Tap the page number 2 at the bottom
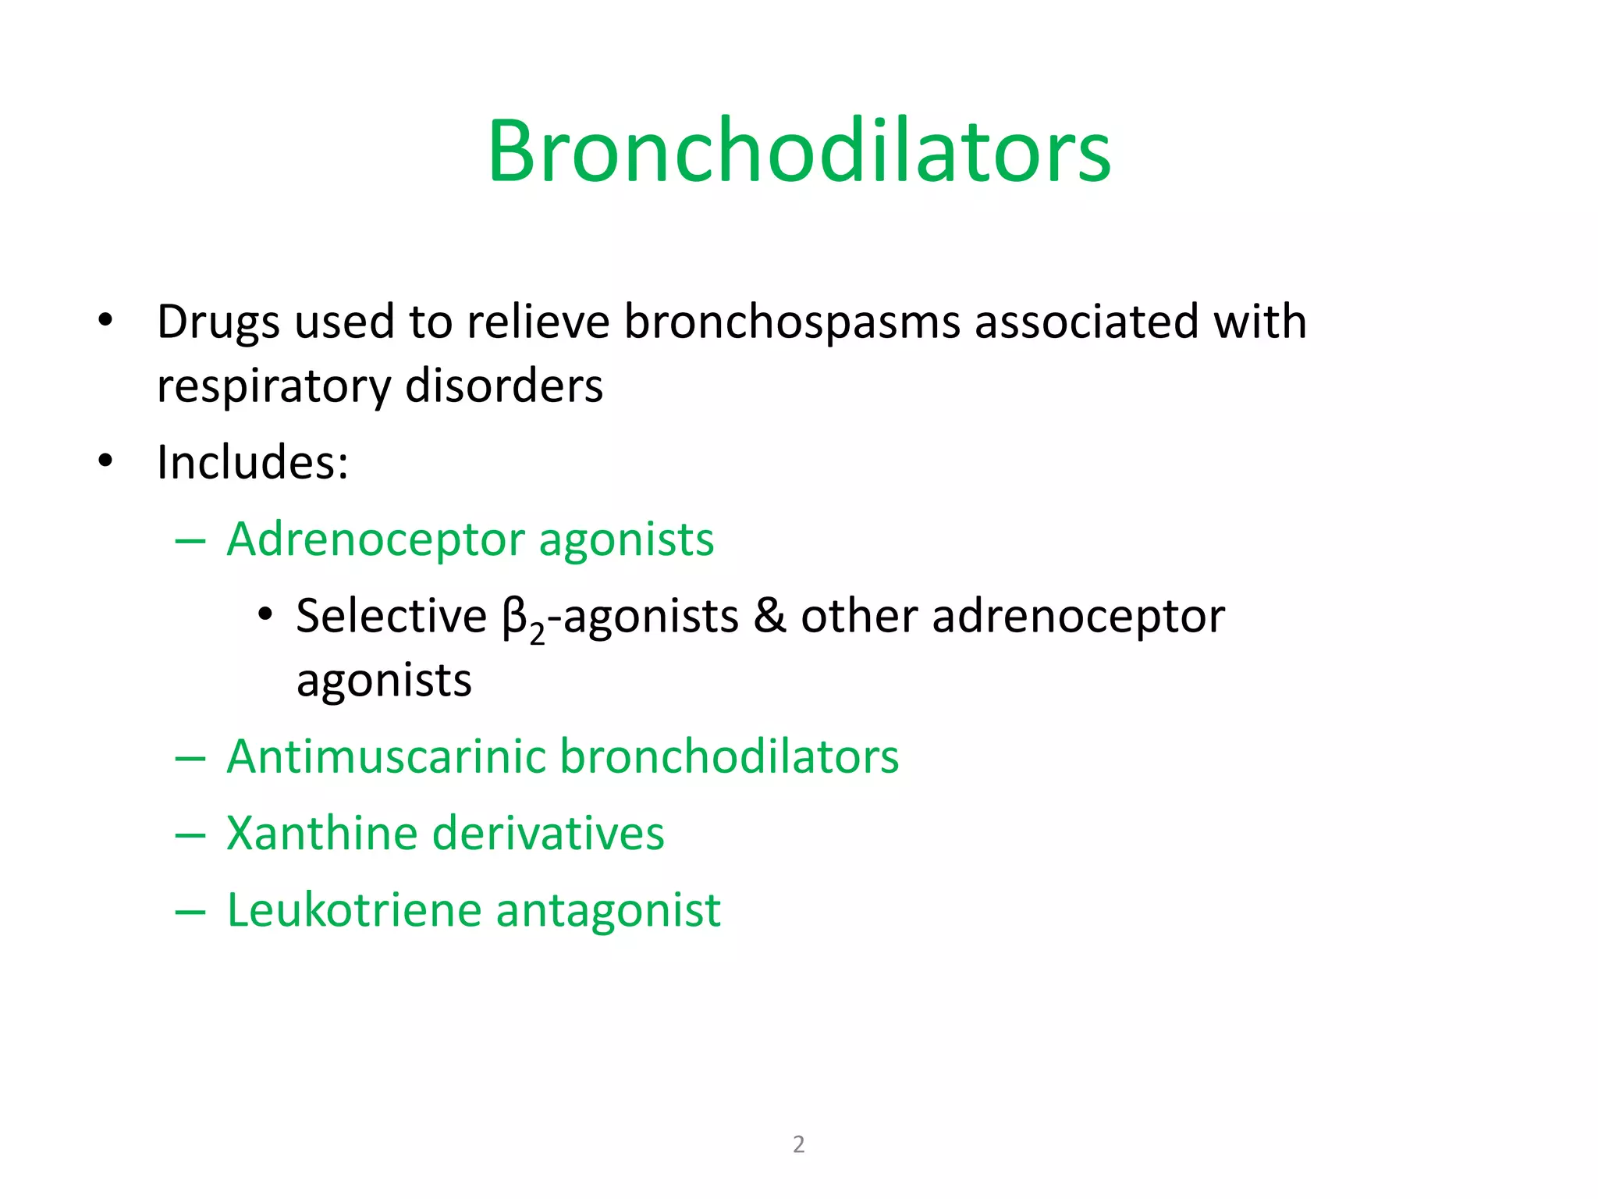798,1144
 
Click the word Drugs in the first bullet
218,322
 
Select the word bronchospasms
792,322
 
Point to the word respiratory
274,387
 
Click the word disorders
504,386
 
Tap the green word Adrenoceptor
375,540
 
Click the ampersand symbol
769,616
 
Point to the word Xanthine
321,833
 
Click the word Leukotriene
354,910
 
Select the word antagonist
609,912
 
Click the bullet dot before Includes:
106,461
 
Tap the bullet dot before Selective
265,614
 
